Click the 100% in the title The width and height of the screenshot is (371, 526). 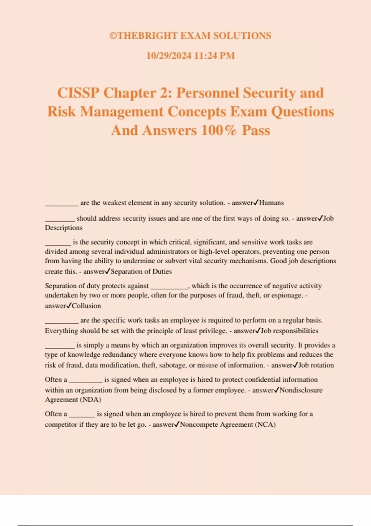pos(219,130)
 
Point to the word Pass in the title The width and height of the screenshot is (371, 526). pos(256,130)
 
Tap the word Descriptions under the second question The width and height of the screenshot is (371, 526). pos(64,228)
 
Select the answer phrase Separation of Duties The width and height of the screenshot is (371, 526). pos(141,272)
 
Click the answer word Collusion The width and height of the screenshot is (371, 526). pos(86,306)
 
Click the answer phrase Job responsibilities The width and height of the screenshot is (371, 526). pos(289,331)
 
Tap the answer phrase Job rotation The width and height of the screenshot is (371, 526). pos(316,365)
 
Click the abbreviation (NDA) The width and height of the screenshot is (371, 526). pos(91,399)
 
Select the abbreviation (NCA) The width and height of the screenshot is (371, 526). pos(265,425)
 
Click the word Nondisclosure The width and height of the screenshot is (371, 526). pos(301,390)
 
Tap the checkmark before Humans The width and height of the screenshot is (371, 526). pos(256,203)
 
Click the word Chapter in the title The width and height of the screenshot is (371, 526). pos(129,93)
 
